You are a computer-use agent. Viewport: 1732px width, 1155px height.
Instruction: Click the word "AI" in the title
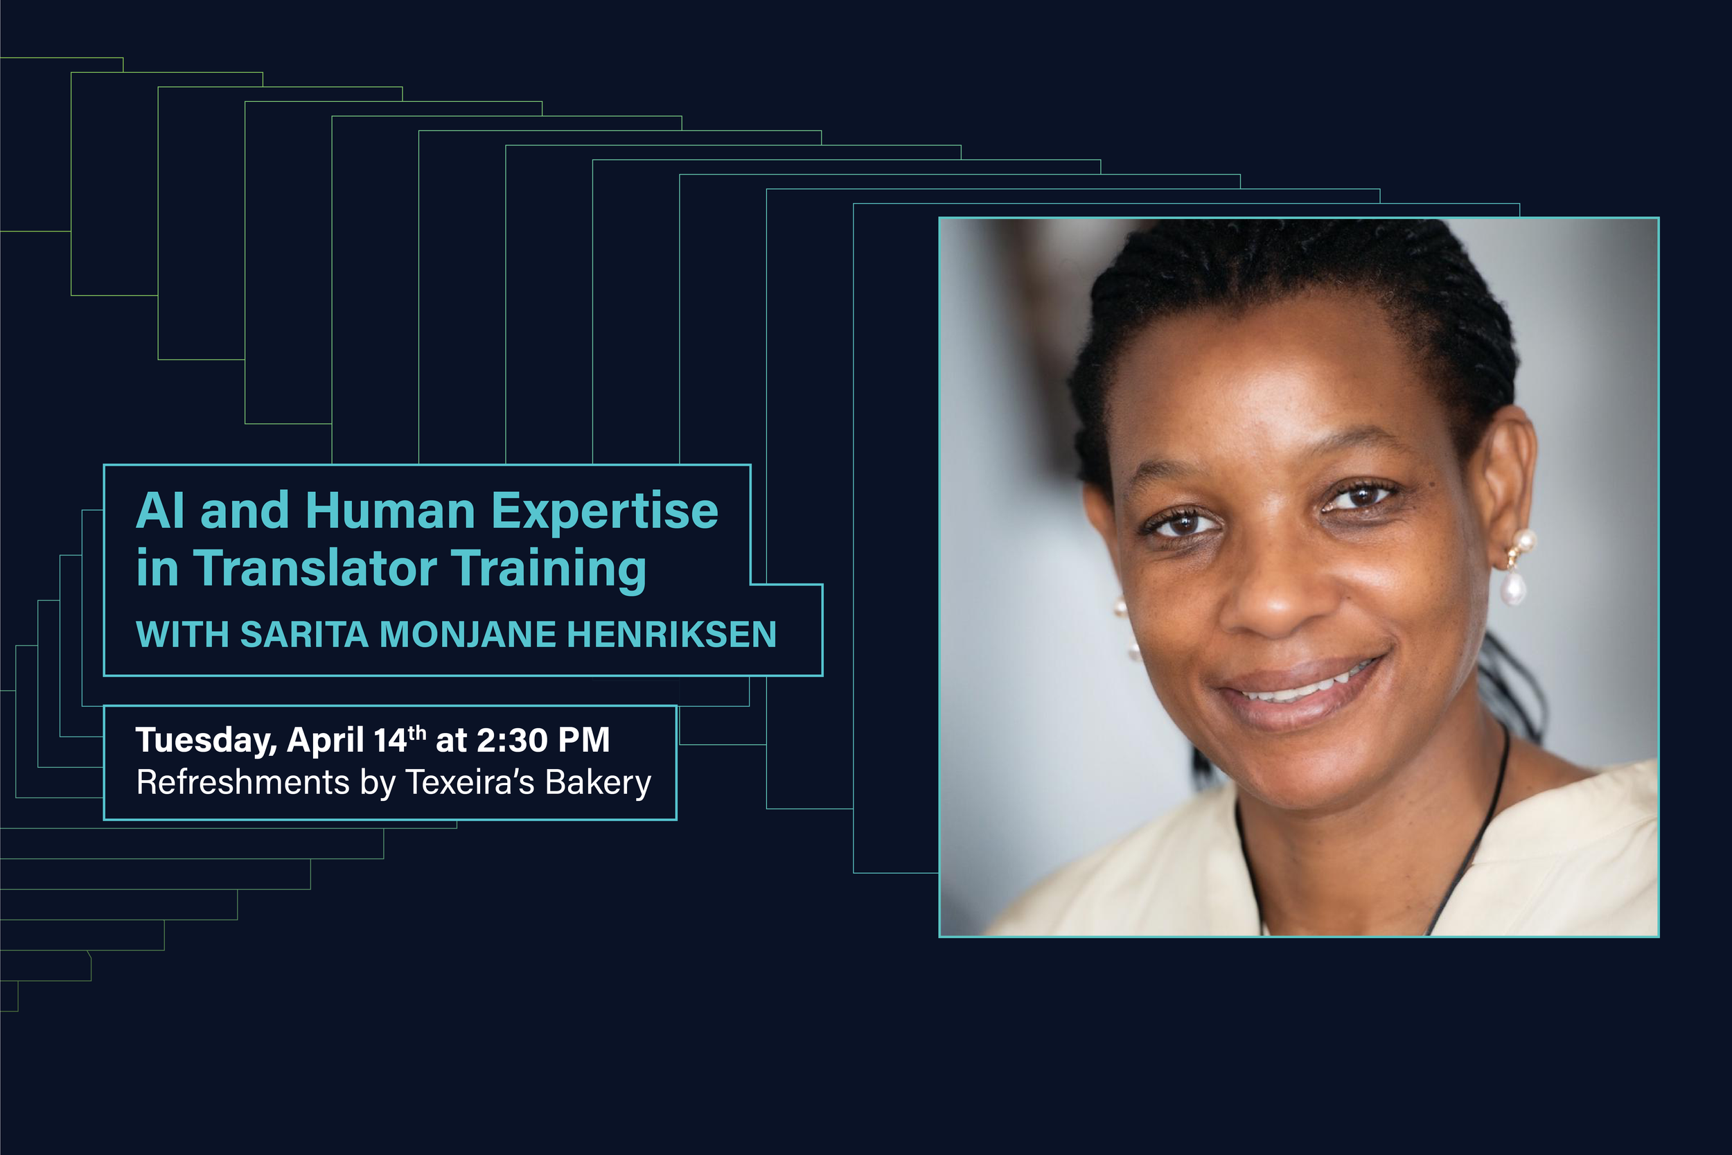(x=160, y=511)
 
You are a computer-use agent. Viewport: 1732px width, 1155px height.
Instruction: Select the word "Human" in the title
(x=389, y=511)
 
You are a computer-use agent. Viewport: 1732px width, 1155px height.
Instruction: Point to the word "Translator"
(x=316, y=569)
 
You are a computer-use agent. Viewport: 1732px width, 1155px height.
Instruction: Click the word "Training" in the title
(x=549, y=570)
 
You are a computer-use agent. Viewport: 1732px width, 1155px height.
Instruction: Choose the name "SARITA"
(x=303, y=634)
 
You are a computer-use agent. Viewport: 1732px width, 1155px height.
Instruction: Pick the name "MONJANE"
(x=468, y=634)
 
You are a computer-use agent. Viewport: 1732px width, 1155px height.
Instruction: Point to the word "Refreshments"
(x=242, y=782)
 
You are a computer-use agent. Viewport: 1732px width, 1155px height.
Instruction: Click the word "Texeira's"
(x=470, y=782)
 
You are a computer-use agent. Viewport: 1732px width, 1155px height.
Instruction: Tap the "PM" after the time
(x=584, y=740)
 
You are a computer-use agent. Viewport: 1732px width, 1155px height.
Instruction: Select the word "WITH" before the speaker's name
(x=182, y=634)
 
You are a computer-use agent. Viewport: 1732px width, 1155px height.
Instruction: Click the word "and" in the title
(x=245, y=511)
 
